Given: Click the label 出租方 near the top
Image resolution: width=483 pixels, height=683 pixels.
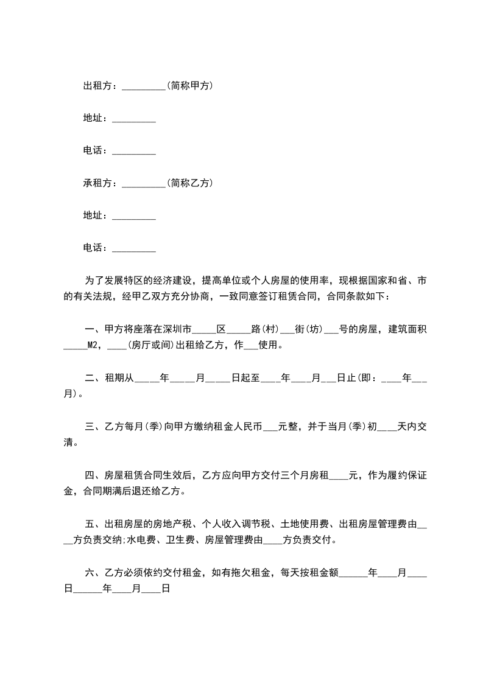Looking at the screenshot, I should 97,86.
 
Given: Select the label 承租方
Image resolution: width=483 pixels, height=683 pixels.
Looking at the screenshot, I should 97,183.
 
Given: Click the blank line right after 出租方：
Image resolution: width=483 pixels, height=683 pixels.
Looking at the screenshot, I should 144,88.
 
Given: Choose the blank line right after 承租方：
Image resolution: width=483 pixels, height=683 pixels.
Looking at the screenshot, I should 144,184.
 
